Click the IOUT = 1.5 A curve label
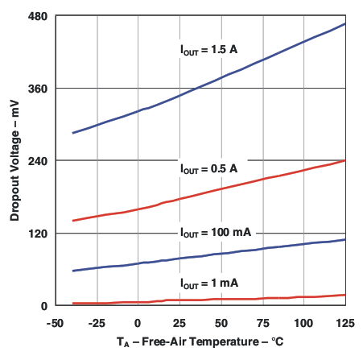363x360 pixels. (x=208, y=49)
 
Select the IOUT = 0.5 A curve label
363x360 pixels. (x=208, y=169)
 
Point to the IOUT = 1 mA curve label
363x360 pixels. (x=208, y=283)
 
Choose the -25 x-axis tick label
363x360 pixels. (x=97, y=322)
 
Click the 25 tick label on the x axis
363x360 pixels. (x=179, y=322)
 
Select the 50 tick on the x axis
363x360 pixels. (x=221, y=322)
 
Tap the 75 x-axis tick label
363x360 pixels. (x=262, y=322)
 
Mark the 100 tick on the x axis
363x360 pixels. (x=303, y=322)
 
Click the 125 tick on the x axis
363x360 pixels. (x=344, y=322)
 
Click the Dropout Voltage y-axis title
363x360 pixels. (x=14, y=160)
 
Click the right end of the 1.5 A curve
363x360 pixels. (x=345, y=23)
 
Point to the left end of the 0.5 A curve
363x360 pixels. (x=73, y=221)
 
